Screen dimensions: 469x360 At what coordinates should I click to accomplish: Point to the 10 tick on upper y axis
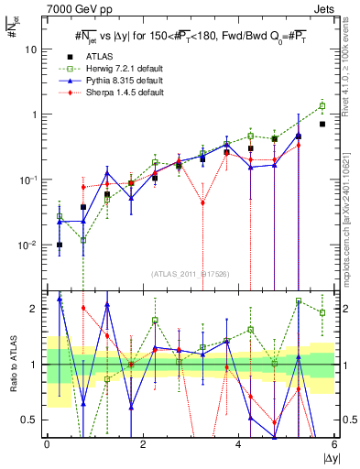pyautogui.click(x=33, y=49)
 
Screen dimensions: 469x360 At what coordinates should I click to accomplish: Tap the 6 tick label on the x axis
pyautogui.click(x=334, y=446)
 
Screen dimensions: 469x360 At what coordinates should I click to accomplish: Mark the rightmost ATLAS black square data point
pyautogui.click(x=322, y=124)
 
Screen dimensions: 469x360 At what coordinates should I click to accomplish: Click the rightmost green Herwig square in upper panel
pyautogui.click(x=322, y=105)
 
